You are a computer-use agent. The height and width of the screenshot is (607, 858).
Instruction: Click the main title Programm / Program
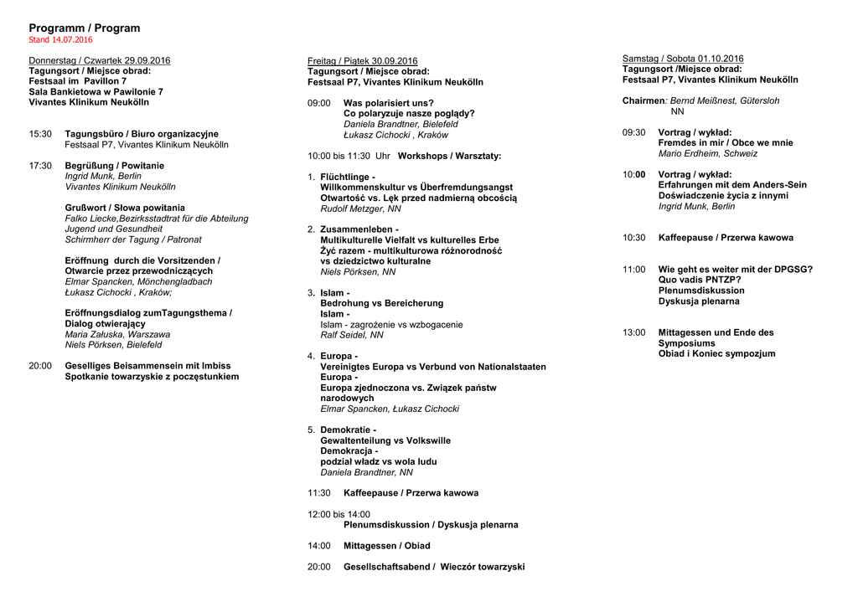85,28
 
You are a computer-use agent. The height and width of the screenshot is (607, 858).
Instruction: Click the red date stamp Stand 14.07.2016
60,40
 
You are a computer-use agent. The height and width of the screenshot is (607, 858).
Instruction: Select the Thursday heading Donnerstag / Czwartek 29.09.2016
100,60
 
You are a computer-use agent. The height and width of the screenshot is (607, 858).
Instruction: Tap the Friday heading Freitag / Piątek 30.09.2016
362,61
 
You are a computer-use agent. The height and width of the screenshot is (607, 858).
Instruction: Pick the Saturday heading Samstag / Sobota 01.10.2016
682,59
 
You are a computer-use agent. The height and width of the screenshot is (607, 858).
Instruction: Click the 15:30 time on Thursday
40,134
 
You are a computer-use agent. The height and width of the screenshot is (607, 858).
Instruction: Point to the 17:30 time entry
40,166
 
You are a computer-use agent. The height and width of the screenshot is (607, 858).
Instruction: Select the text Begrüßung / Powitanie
115,166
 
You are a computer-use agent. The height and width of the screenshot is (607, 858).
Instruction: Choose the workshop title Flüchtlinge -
348,177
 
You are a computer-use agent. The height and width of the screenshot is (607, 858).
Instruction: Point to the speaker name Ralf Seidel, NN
352,335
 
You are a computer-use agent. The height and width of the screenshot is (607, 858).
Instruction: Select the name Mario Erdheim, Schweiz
708,154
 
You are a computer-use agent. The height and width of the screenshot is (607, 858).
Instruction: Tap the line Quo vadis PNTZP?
700,280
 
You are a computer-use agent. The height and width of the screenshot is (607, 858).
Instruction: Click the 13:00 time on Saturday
633,332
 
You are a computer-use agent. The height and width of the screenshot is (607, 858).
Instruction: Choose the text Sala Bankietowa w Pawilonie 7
96,92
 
